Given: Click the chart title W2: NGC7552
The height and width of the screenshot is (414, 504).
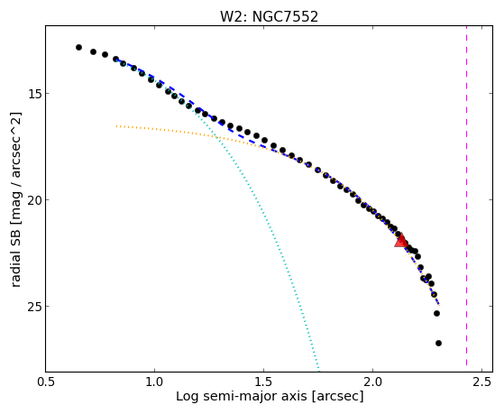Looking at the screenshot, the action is (269, 16).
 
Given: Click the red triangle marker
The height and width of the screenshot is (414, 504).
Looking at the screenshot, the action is (401, 241).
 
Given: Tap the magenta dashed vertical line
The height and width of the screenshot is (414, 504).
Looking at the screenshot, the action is (466, 198).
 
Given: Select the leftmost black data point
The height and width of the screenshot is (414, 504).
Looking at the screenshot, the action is (78, 47).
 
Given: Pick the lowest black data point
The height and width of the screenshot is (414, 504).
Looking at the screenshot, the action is (438, 344).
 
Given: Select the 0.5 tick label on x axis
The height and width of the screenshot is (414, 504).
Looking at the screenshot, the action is (46, 382).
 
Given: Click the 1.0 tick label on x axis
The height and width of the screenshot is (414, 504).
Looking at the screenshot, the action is (154, 382).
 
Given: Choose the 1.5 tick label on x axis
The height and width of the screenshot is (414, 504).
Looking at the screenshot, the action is (263, 382).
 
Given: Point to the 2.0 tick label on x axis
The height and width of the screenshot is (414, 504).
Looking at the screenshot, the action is (372, 382).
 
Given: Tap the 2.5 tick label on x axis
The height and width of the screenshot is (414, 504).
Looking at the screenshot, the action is (481, 382).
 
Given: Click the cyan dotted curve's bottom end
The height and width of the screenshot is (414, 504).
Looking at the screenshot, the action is (319, 370).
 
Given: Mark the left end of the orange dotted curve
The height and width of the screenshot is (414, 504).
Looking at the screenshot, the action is (116, 126).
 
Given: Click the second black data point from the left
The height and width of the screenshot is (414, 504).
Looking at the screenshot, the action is (93, 51).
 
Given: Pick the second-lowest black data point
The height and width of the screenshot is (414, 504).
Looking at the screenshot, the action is (436, 313).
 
